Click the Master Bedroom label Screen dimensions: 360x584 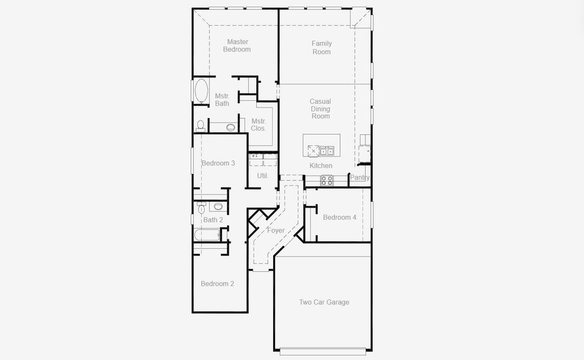coord(236,46)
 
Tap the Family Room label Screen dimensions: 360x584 coord(321,47)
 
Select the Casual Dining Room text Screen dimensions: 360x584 coord(321,109)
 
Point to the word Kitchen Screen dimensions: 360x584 coord(321,166)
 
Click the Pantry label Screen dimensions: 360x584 coord(360,178)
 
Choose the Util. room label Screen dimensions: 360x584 coord(262,176)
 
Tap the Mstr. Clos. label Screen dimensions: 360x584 coord(259,125)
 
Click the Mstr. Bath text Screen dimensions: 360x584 coord(222,100)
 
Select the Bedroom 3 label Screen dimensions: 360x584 coord(218,163)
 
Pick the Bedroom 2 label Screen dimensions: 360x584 coord(217,284)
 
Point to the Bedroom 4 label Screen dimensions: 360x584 coord(339,217)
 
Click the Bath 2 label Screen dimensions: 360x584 coord(212,220)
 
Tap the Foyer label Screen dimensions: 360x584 coord(275,230)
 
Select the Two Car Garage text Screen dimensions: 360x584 coord(324,302)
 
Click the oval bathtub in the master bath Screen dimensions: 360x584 coord(200,91)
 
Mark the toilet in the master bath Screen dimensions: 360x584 coord(200,125)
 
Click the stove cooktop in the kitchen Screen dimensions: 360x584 coord(327,179)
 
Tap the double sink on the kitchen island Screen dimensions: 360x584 coord(327,151)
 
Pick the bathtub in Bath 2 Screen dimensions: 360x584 coord(206,234)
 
